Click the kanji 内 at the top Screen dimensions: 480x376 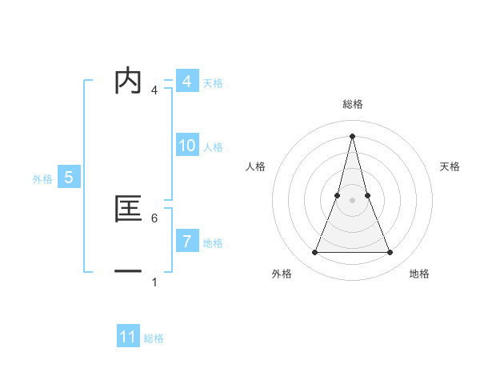click(128, 82)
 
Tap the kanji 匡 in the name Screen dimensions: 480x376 click(128, 209)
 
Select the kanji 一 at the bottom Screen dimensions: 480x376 click(128, 272)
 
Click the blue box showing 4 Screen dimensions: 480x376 click(186, 82)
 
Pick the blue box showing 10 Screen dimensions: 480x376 click(186, 146)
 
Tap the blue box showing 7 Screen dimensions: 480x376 click(186, 241)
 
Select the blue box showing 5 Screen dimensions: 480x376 click(68, 178)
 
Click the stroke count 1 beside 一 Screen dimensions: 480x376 click(154, 282)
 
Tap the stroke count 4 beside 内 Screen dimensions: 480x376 click(154, 90)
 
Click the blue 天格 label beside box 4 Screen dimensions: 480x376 click(213, 83)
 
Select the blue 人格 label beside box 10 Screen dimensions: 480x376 click(213, 147)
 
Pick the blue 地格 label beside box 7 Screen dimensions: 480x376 click(213, 242)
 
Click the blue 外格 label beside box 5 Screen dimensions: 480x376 click(42, 179)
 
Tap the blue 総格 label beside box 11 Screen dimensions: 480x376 click(154, 338)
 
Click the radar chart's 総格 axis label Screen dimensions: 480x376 click(353, 104)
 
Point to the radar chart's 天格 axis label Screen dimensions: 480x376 click(450, 166)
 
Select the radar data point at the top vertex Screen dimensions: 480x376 click(353, 134)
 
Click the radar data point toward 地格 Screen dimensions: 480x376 click(390, 253)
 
